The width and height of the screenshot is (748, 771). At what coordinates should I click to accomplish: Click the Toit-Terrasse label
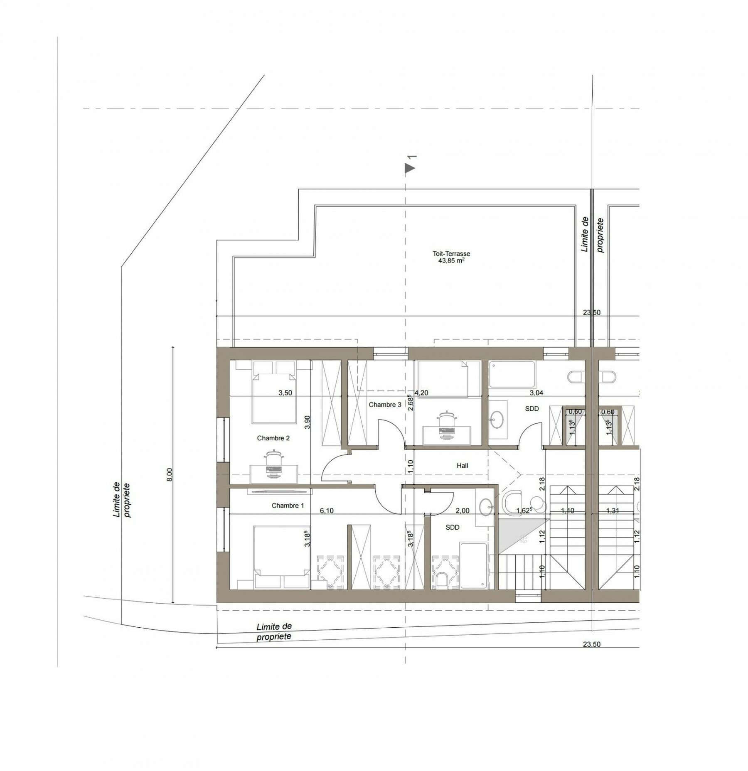click(x=451, y=254)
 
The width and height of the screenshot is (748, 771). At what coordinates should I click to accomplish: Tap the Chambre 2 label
click(x=273, y=438)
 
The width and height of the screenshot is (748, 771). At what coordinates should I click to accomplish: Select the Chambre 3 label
click(x=385, y=404)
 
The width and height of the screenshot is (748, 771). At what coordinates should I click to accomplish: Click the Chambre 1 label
click(x=288, y=506)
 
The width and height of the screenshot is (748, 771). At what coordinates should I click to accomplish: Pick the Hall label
click(x=463, y=466)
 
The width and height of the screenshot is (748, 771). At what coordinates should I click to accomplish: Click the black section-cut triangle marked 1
click(x=410, y=168)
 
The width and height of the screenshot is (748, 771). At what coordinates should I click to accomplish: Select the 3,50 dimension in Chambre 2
click(x=285, y=393)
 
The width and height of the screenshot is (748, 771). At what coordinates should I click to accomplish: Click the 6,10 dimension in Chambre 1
click(x=327, y=511)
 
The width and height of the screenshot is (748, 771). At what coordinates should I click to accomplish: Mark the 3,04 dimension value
click(x=536, y=393)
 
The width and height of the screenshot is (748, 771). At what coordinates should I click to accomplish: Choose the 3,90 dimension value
click(x=308, y=422)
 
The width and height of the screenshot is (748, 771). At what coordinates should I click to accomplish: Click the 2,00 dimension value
click(x=463, y=511)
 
